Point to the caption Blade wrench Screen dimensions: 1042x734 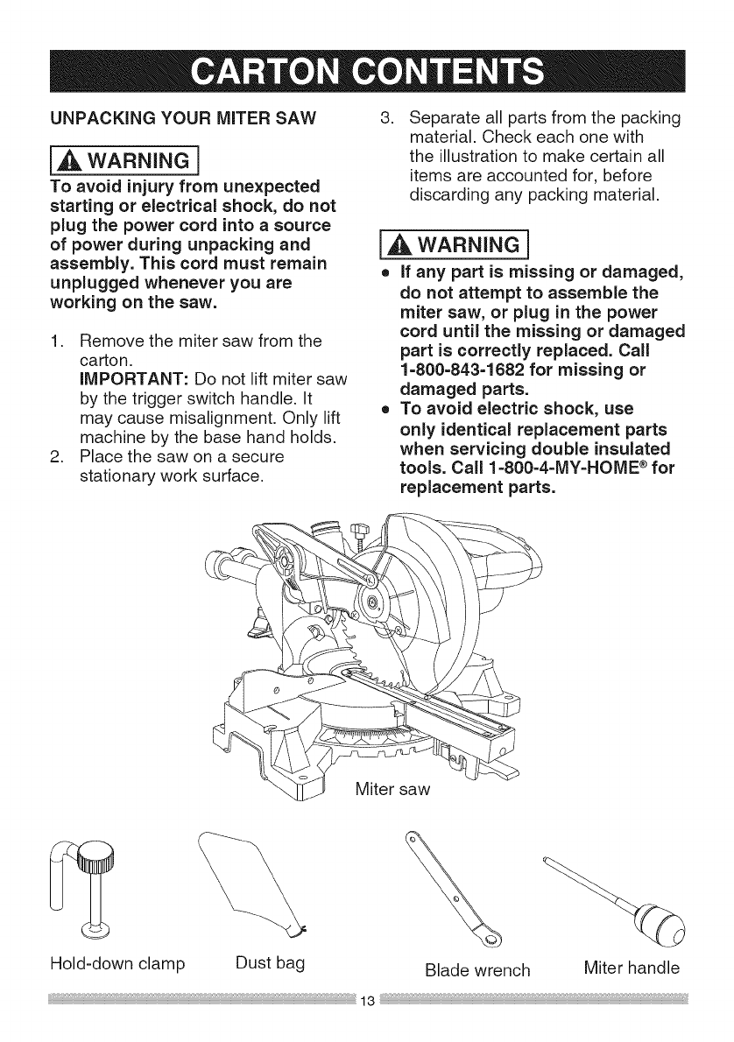click(x=477, y=969)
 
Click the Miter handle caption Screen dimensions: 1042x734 click(x=631, y=968)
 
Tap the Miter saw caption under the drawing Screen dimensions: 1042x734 click(x=394, y=789)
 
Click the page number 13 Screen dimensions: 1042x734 click(x=367, y=1023)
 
